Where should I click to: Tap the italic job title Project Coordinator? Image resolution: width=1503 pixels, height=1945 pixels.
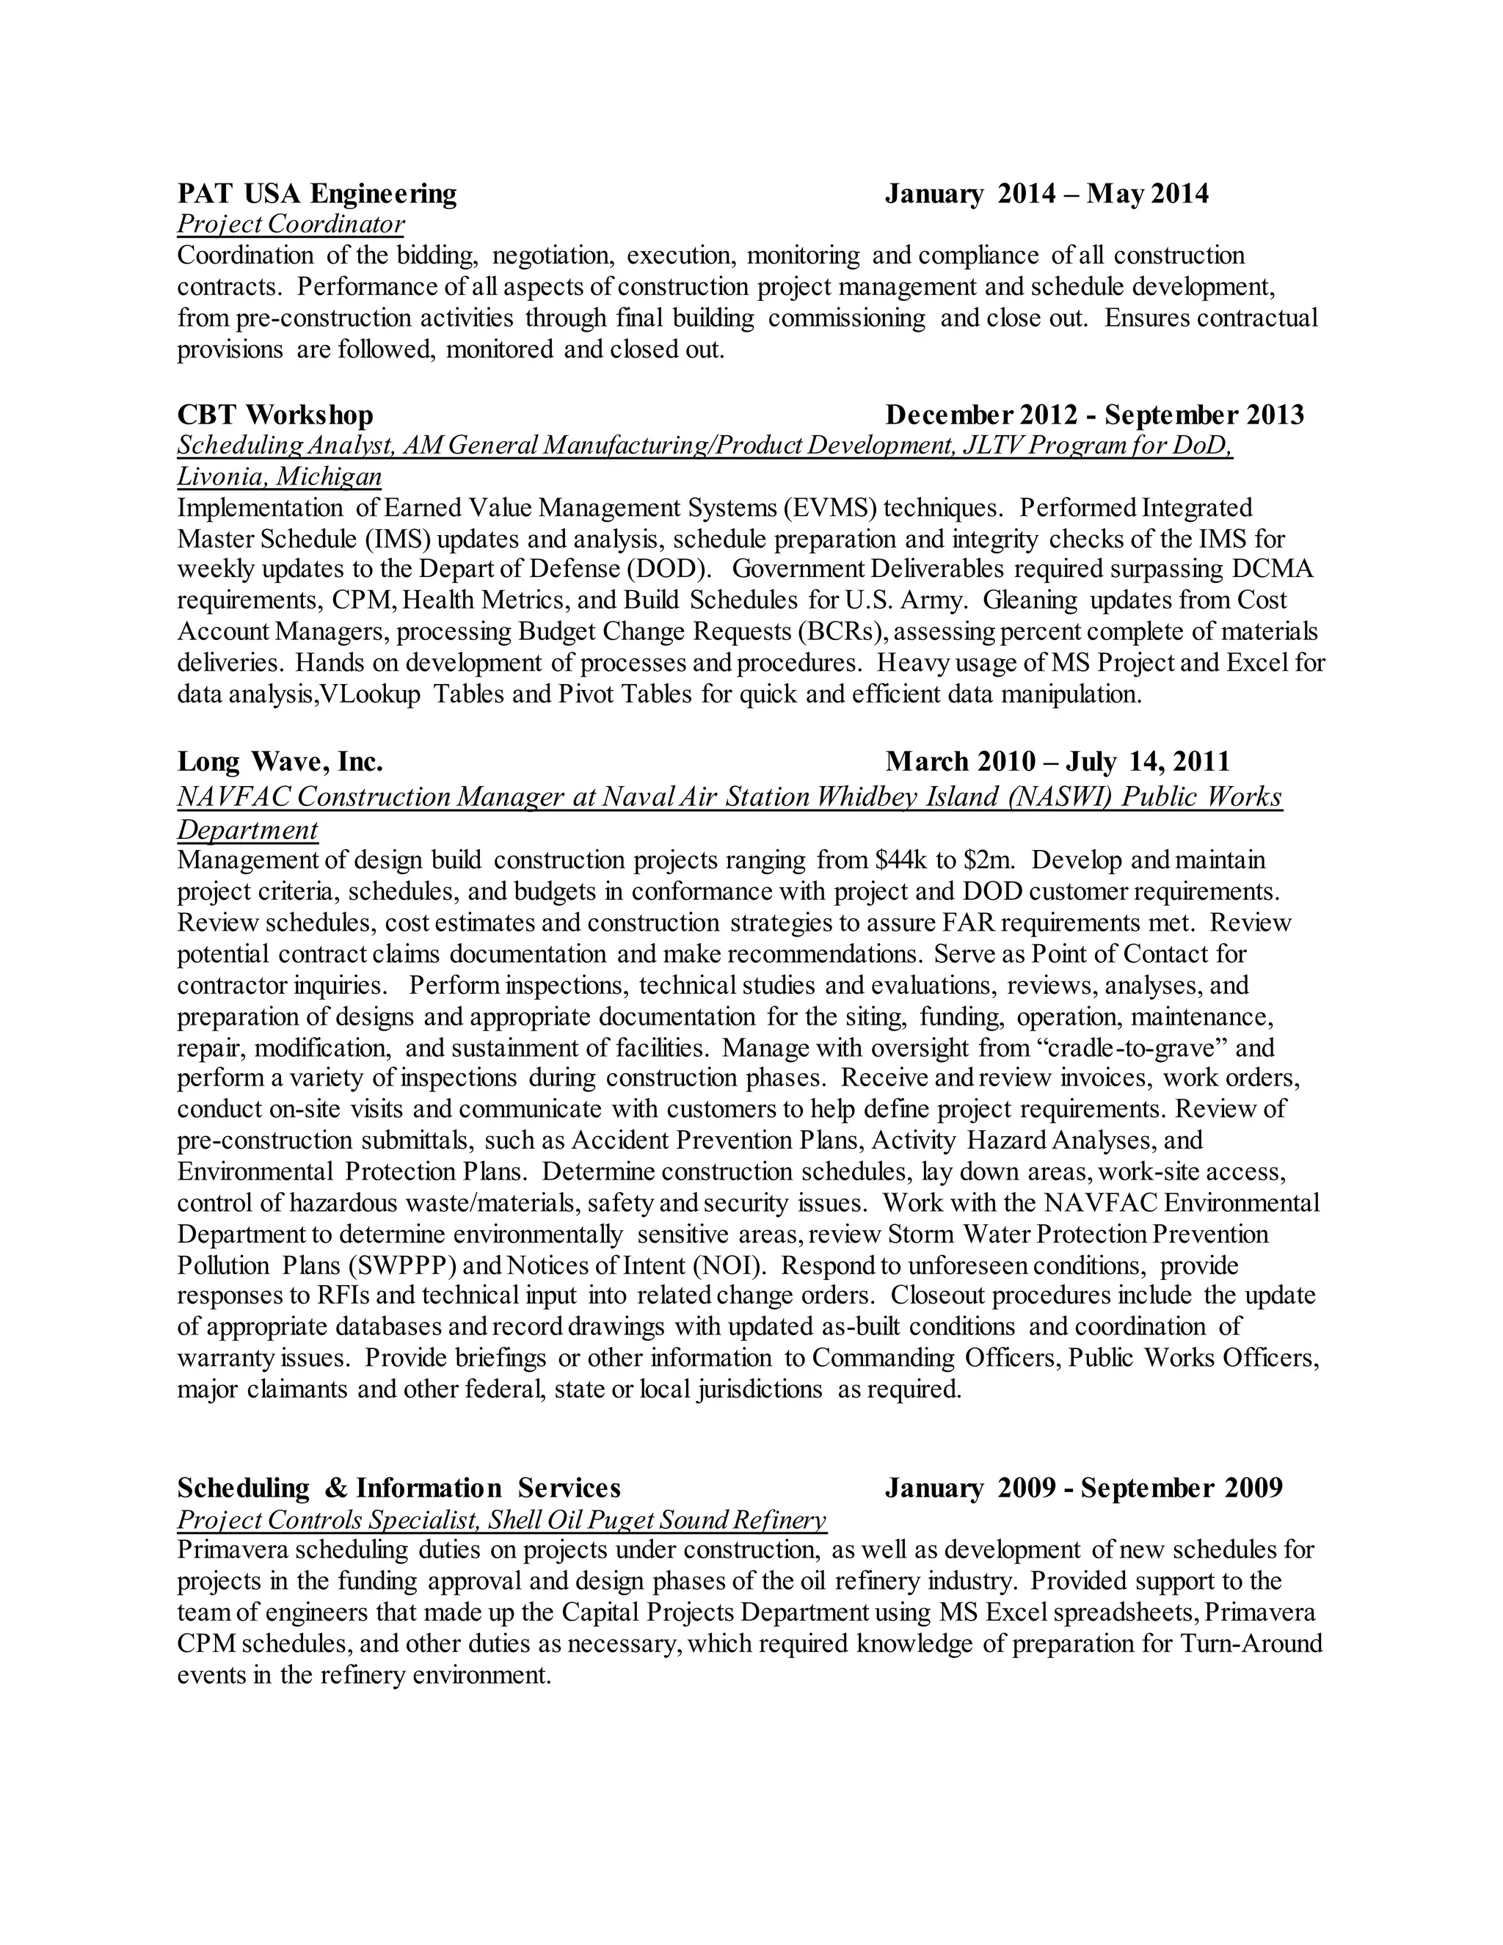pos(291,224)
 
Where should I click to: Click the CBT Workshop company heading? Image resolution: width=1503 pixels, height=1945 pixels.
pos(275,415)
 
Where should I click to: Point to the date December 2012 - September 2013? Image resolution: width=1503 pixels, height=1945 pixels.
pos(1094,415)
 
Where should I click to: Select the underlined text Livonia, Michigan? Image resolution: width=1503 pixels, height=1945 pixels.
pos(280,476)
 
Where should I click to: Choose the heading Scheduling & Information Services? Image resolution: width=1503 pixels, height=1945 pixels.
pos(399,1488)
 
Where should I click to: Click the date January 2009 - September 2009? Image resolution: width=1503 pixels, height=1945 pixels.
pos(1084,1488)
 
